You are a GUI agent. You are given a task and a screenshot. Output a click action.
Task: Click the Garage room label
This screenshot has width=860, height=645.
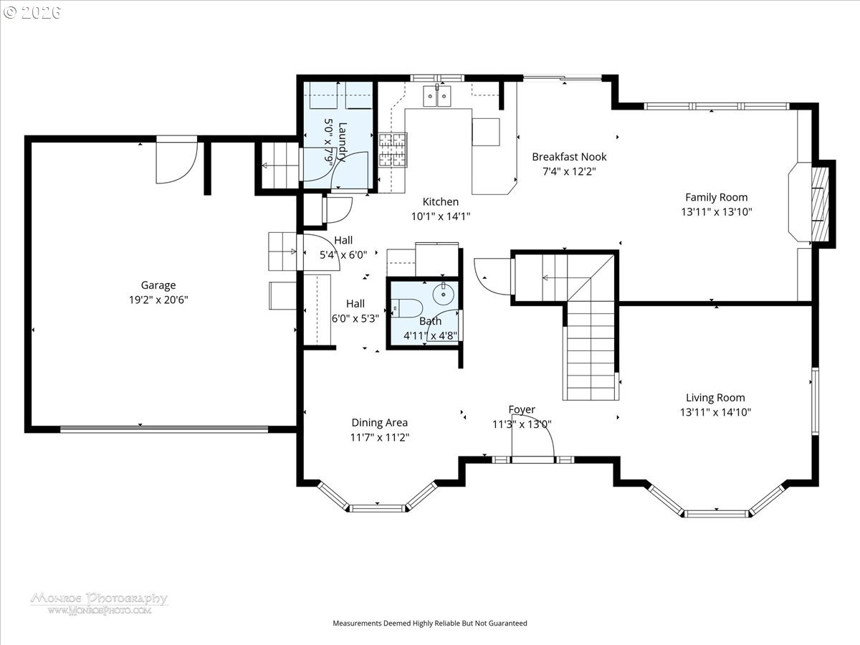(158, 285)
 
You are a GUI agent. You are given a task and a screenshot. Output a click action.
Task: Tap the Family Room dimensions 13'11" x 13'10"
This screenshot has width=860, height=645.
(717, 212)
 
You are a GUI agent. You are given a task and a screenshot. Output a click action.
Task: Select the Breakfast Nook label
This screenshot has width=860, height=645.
(569, 157)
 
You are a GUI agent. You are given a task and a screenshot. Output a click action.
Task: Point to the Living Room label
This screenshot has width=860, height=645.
(715, 398)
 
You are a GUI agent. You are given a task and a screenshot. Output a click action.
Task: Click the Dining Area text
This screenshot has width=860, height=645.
(380, 423)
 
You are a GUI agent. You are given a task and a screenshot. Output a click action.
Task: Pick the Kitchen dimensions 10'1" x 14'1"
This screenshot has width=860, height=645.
(441, 216)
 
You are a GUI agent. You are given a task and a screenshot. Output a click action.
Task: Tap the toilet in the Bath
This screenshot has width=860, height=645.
(406, 308)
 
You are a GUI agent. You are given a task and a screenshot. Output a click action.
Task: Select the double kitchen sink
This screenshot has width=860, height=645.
(437, 95)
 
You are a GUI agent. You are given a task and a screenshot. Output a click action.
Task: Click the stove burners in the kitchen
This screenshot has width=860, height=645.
(393, 150)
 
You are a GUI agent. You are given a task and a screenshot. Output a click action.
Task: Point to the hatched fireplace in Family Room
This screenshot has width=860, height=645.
(820, 204)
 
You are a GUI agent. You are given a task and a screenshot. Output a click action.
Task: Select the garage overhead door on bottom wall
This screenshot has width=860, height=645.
(164, 429)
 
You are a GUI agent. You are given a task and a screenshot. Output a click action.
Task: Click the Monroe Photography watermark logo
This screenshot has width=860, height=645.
(100, 603)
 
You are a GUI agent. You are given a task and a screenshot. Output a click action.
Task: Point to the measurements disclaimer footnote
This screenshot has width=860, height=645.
(430, 623)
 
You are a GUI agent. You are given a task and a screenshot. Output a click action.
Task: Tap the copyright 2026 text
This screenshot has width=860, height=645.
(32, 12)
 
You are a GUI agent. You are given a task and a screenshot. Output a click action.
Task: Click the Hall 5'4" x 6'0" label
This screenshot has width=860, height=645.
(343, 247)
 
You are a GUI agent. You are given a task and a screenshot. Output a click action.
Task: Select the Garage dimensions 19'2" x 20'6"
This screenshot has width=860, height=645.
(158, 300)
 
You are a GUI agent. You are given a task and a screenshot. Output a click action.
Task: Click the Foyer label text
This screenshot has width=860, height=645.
(522, 410)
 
